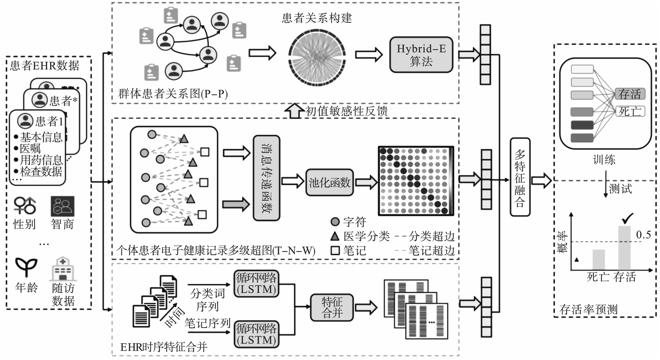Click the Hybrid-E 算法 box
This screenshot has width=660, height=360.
click(x=421, y=55)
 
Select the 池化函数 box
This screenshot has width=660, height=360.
click(x=329, y=182)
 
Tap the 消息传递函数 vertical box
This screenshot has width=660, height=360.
click(x=266, y=178)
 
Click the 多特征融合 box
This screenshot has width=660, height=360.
click(x=520, y=177)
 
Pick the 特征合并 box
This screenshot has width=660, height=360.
click(x=332, y=307)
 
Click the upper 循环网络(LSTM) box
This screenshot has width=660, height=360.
click(x=256, y=283)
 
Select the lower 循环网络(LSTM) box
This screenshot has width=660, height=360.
click(x=256, y=334)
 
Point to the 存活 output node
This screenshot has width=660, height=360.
click(x=630, y=94)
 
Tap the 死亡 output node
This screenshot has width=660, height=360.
click(x=630, y=111)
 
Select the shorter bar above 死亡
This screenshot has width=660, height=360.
click(x=599, y=259)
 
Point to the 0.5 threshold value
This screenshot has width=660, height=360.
click(x=643, y=235)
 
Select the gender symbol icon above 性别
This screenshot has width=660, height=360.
click(x=25, y=205)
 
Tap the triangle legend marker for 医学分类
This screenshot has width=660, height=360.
click(x=335, y=236)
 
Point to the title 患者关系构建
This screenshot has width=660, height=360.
click(x=317, y=18)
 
